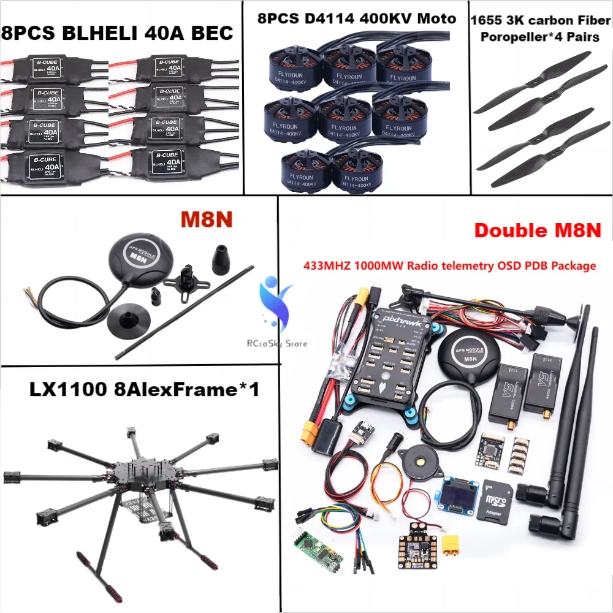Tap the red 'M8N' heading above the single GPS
205,219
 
